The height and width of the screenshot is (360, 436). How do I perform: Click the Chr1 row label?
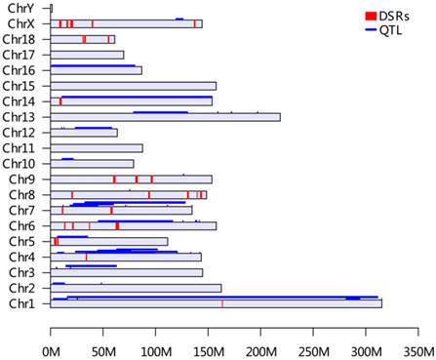click(x=21, y=304)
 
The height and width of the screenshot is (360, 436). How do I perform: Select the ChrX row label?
click(x=21, y=23)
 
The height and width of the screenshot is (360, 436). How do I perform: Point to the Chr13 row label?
click(x=20, y=117)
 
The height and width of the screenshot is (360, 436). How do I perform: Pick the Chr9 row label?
click(x=21, y=180)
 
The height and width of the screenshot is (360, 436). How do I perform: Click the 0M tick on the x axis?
click(x=51, y=348)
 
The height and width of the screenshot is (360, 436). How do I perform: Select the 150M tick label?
click(x=209, y=348)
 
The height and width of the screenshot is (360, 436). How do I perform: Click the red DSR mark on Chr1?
click(x=222, y=304)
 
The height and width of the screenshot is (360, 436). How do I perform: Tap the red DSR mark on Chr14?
click(x=60, y=101)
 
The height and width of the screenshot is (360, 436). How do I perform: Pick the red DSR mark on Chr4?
click(x=87, y=258)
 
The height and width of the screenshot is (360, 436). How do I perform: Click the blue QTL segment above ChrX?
click(x=179, y=19)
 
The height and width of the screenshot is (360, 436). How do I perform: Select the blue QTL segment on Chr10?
click(x=67, y=158)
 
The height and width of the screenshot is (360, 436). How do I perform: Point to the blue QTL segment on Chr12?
click(x=94, y=128)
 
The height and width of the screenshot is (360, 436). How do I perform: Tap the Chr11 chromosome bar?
click(x=97, y=148)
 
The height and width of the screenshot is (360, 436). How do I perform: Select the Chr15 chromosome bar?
click(x=133, y=86)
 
